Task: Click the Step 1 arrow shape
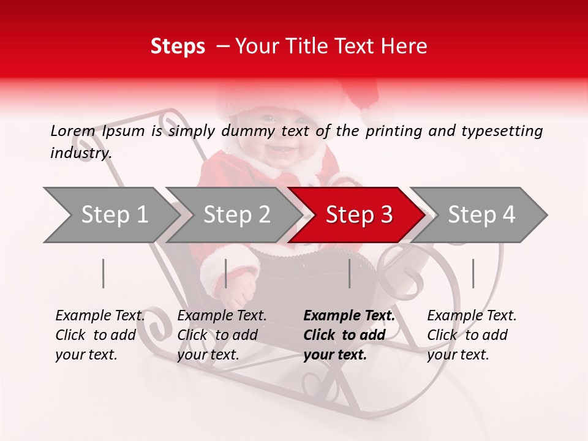point(113,215)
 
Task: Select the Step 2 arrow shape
point(236,215)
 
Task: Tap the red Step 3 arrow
point(358,215)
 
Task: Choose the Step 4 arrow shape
point(481,215)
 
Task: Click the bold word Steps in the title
point(178,46)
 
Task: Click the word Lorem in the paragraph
point(72,130)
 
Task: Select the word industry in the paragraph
point(80,153)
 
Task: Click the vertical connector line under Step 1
point(104,273)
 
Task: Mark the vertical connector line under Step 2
point(226,273)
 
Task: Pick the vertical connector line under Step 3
point(349,273)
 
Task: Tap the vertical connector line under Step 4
point(473,273)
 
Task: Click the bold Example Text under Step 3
point(349,316)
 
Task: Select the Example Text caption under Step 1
point(100,316)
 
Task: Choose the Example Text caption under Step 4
point(472,316)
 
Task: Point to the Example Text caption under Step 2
point(222,316)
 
